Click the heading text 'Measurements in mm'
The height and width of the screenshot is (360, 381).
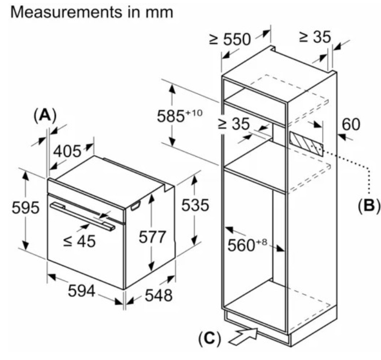(93, 12)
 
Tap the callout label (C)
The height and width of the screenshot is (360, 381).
(209, 339)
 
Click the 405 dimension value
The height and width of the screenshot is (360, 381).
(67, 151)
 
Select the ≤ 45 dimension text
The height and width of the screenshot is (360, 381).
(79, 241)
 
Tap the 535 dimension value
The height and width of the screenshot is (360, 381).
(195, 205)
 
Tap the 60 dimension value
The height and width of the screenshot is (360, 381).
(351, 124)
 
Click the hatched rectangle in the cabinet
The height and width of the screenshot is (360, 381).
(306, 143)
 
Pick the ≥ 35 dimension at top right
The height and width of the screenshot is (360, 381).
(314, 37)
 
